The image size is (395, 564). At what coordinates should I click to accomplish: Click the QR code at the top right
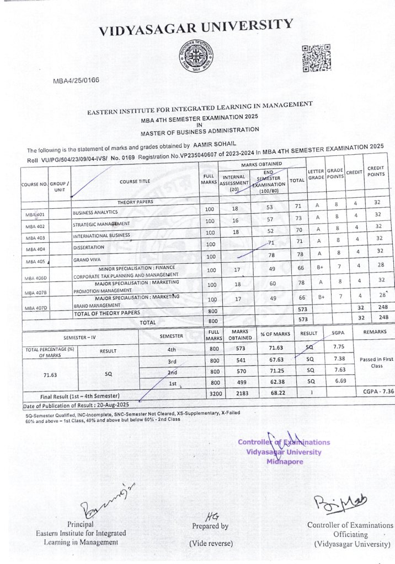(316, 57)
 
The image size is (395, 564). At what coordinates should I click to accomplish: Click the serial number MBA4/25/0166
(76, 80)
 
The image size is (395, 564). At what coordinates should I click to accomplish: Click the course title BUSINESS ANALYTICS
(95, 212)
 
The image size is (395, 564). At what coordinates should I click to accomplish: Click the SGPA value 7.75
(339, 348)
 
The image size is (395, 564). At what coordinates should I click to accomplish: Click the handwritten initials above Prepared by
(210, 516)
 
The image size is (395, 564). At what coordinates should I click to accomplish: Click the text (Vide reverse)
(211, 543)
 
